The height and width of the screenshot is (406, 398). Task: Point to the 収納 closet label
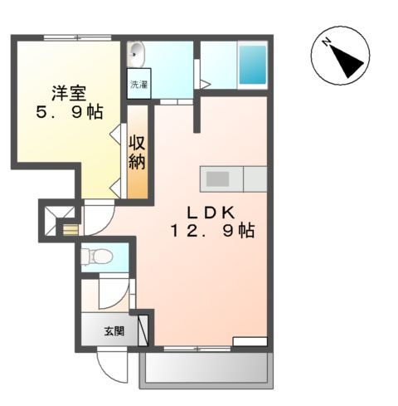click(x=137, y=151)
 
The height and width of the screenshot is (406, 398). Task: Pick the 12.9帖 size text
click(x=213, y=232)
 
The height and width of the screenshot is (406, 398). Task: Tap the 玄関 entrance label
click(x=113, y=331)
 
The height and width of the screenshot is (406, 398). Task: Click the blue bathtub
click(x=252, y=65)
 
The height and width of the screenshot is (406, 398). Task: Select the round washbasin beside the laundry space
click(x=136, y=52)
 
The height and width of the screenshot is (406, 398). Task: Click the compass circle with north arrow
click(x=339, y=55)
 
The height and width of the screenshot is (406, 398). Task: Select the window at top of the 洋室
click(x=77, y=37)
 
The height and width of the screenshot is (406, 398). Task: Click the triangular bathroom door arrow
click(x=205, y=83)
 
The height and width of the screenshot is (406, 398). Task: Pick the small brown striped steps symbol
click(x=71, y=229)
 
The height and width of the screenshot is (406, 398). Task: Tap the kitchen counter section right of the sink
click(x=253, y=179)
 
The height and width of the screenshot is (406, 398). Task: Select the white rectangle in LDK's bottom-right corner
click(x=250, y=340)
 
